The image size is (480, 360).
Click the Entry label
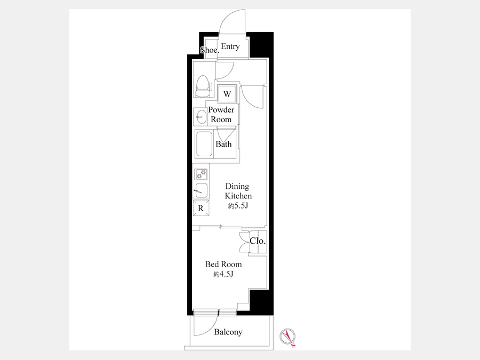[x=230, y=46]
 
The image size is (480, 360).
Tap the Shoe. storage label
[x=210, y=50]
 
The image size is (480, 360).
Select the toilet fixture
[x=202, y=86]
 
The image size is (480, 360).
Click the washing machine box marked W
[x=227, y=94]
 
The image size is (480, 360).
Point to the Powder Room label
[x=221, y=115]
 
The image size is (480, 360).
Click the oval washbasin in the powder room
[x=201, y=116]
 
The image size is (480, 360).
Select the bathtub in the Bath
[x=204, y=144]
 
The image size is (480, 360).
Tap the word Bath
[x=223, y=144]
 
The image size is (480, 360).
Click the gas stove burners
[x=201, y=174]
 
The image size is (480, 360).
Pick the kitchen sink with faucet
[x=201, y=190]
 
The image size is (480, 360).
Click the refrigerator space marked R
[x=201, y=208]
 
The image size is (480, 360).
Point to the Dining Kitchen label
[x=238, y=191]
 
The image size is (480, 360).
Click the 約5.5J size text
[x=238, y=206]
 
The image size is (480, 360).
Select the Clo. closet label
[x=258, y=241]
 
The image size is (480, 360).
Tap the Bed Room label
[x=223, y=264]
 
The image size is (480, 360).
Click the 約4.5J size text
[x=223, y=274]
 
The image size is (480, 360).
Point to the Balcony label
[x=228, y=332]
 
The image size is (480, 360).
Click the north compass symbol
[x=288, y=337]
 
